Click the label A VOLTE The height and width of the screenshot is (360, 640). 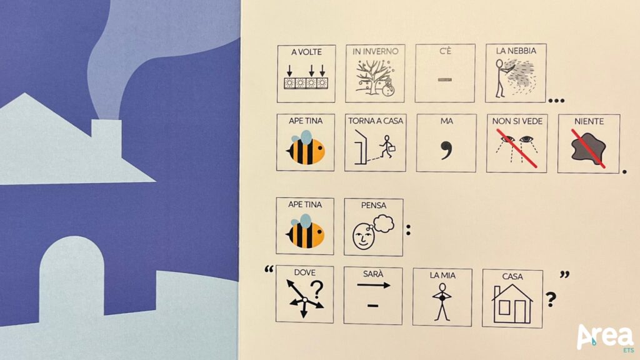pyautogui.click(x=306, y=52)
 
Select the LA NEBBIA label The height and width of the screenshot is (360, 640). pyautogui.click(x=516, y=51)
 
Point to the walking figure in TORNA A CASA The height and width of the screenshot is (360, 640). pyautogui.click(x=386, y=146)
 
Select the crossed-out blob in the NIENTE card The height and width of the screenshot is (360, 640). pyautogui.click(x=588, y=149)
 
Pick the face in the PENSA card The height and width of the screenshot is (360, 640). pyautogui.click(x=363, y=236)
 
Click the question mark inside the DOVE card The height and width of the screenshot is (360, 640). pyautogui.click(x=317, y=289)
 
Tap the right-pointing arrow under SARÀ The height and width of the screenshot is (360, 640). pyautogui.click(x=374, y=285)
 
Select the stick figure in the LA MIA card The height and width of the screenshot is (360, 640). pyautogui.click(x=442, y=301)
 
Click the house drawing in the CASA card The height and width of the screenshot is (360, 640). pyautogui.click(x=512, y=304)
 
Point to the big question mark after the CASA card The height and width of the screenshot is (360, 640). pyautogui.click(x=551, y=299)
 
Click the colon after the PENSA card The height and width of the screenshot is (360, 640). pyautogui.click(x=408, y=230)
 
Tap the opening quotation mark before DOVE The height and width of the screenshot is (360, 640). pyautogui.click(x=269, y=269)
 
